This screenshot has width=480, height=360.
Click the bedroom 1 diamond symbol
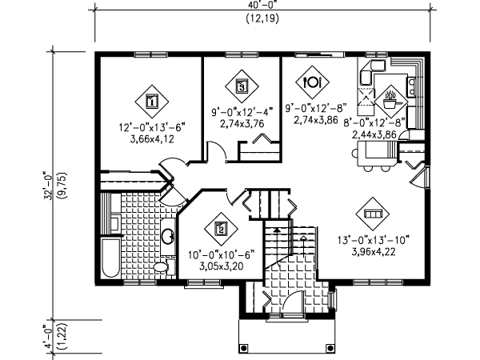(152, 102)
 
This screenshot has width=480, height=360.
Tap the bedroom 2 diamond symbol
(221, 229)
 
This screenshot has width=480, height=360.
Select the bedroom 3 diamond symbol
(242, 86)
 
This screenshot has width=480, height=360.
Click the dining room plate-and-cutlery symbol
(312, 82)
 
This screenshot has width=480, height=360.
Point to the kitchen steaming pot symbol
(391, 102)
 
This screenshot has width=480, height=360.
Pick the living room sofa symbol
(373, 214)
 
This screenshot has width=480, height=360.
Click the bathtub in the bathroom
(111, 258)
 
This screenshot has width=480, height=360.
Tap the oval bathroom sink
(168, 236)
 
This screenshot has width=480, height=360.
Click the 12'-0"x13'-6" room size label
(152, 127)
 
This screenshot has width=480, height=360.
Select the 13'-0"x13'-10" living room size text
(374, 240)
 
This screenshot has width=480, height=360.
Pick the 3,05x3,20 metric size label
(222, 266)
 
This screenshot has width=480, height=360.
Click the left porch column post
(244, 348)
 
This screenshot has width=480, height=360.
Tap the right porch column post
(330, 348)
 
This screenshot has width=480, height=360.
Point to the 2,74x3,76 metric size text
(242, 124)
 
